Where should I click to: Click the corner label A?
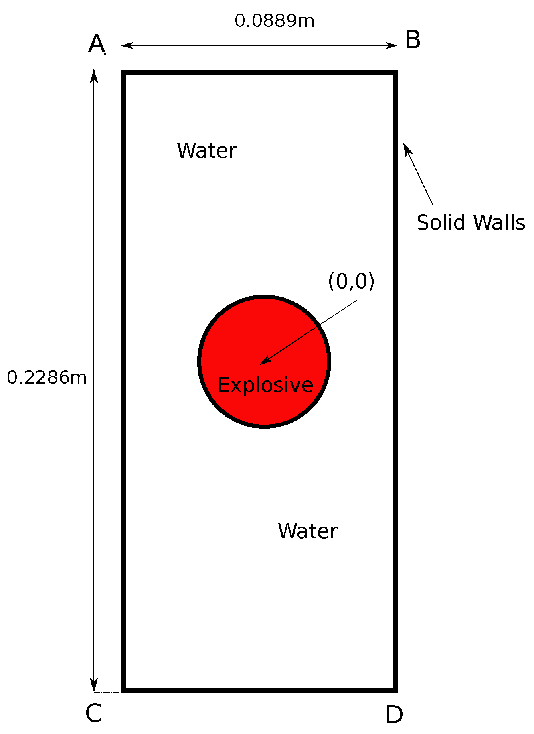[96, 43]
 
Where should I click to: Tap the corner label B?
[413, 40]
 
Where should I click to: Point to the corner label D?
[394, 715]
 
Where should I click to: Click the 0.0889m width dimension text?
[274, 21]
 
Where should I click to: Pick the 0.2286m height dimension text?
[47, 378]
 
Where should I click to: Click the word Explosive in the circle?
[265, 385]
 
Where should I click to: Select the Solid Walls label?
[471, 222]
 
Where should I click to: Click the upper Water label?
[206, 151]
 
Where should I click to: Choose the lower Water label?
[307, 531]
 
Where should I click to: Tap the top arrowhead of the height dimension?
[94, 76]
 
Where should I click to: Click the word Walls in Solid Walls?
[499, 222]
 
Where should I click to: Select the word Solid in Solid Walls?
[441, 222]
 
